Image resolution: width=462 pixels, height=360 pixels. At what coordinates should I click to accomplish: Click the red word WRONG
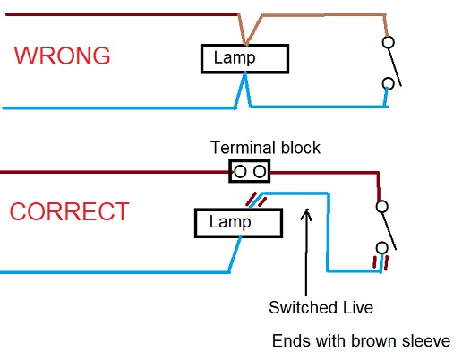[62, 56]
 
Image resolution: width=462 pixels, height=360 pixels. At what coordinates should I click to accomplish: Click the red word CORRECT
[69, 213]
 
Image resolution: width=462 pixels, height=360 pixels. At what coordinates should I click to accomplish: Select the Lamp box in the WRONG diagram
[244, 59]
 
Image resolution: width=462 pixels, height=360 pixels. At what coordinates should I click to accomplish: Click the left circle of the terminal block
[240, 170]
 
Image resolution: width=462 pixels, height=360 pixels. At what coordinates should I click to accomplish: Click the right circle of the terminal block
[259, 170]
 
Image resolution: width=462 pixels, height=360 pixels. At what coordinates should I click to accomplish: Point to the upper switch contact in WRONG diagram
[388, 42]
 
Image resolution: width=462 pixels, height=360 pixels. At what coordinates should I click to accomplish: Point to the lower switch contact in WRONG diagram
[388, 85]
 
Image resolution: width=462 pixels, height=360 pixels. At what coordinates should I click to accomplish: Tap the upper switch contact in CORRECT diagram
[382, 207]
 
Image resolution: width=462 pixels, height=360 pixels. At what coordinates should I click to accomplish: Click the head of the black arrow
[307, 212]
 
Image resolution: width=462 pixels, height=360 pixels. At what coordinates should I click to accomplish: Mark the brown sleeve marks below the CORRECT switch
[381, 262]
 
